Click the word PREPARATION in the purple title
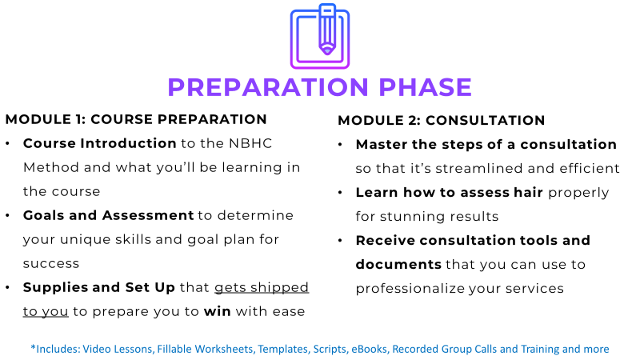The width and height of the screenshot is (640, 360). coord(268,87)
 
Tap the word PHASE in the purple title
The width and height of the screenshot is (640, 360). coord(425,87)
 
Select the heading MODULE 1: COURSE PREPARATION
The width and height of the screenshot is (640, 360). coord(136,119)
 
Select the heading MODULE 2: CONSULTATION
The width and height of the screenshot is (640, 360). coord(442,121)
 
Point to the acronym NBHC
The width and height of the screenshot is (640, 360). coord(250,144)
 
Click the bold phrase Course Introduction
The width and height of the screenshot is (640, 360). coord(99,144)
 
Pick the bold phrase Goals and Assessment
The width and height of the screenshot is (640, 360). coord(108,215)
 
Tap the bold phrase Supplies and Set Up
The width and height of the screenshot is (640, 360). coord(98,287)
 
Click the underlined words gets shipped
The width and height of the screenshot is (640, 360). coord(262,288)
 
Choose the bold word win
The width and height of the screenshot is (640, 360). coord(217,311)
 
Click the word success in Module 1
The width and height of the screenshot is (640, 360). coord(51,264)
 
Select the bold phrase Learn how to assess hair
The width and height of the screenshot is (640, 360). coord(450,192)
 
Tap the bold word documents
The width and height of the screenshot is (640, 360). coord(398,265)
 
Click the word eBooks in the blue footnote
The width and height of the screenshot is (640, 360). coord(369,350)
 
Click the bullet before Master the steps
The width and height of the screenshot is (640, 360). coord(340,145)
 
